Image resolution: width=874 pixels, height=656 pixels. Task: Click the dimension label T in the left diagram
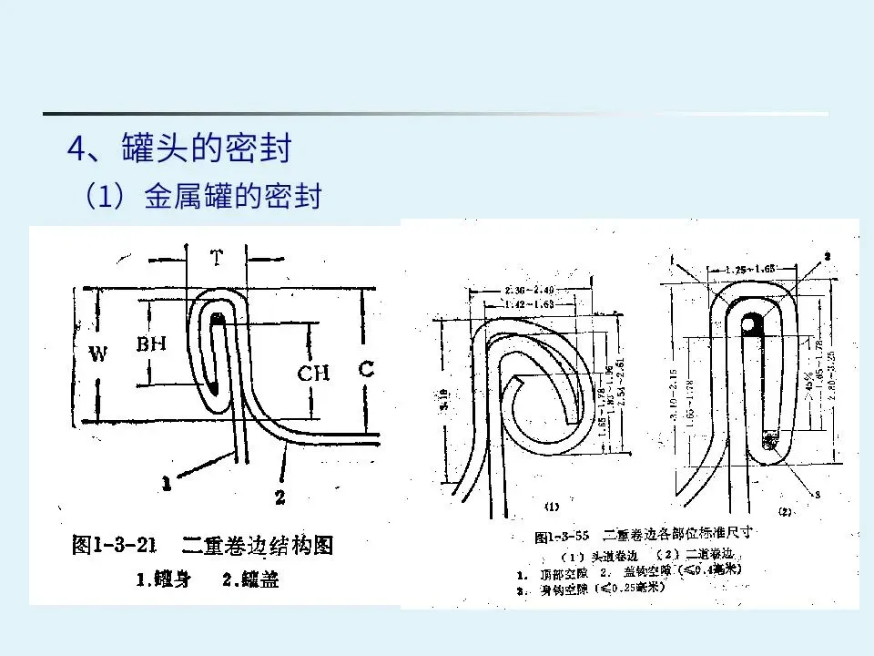pyautogui.click(x=217, y=259)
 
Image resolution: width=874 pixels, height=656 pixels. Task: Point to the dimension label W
pyautogui.click(x=98, y=354)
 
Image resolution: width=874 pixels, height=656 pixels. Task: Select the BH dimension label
pyautogui.click(x=151, y=345)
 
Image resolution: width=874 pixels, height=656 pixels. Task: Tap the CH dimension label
pyautogui.click(x=313, y=373)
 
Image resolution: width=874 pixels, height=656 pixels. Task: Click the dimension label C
pyautogui.click(x=366, y=369)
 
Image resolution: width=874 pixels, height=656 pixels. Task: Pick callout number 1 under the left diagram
pyautogui.click(x=166, y=486)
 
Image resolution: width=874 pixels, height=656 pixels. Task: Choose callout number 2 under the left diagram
pyautogui.click(x=280, y=497)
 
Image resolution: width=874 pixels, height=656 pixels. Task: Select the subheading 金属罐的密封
pyautogui.click(x=233, y=197)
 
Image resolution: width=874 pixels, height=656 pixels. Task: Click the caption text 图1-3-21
pyautogui.click(x=115, y=546)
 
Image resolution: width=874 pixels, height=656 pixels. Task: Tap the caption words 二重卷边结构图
pyautogui.click(x=258, y=546)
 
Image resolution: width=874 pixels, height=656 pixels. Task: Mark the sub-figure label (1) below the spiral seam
pyautogui.click(x=552, y=506)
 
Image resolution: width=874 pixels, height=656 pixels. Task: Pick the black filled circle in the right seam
pyautogui.click(x=753, y=323)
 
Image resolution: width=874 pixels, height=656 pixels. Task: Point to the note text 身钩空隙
pyautogui.click(x=566, y=589)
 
